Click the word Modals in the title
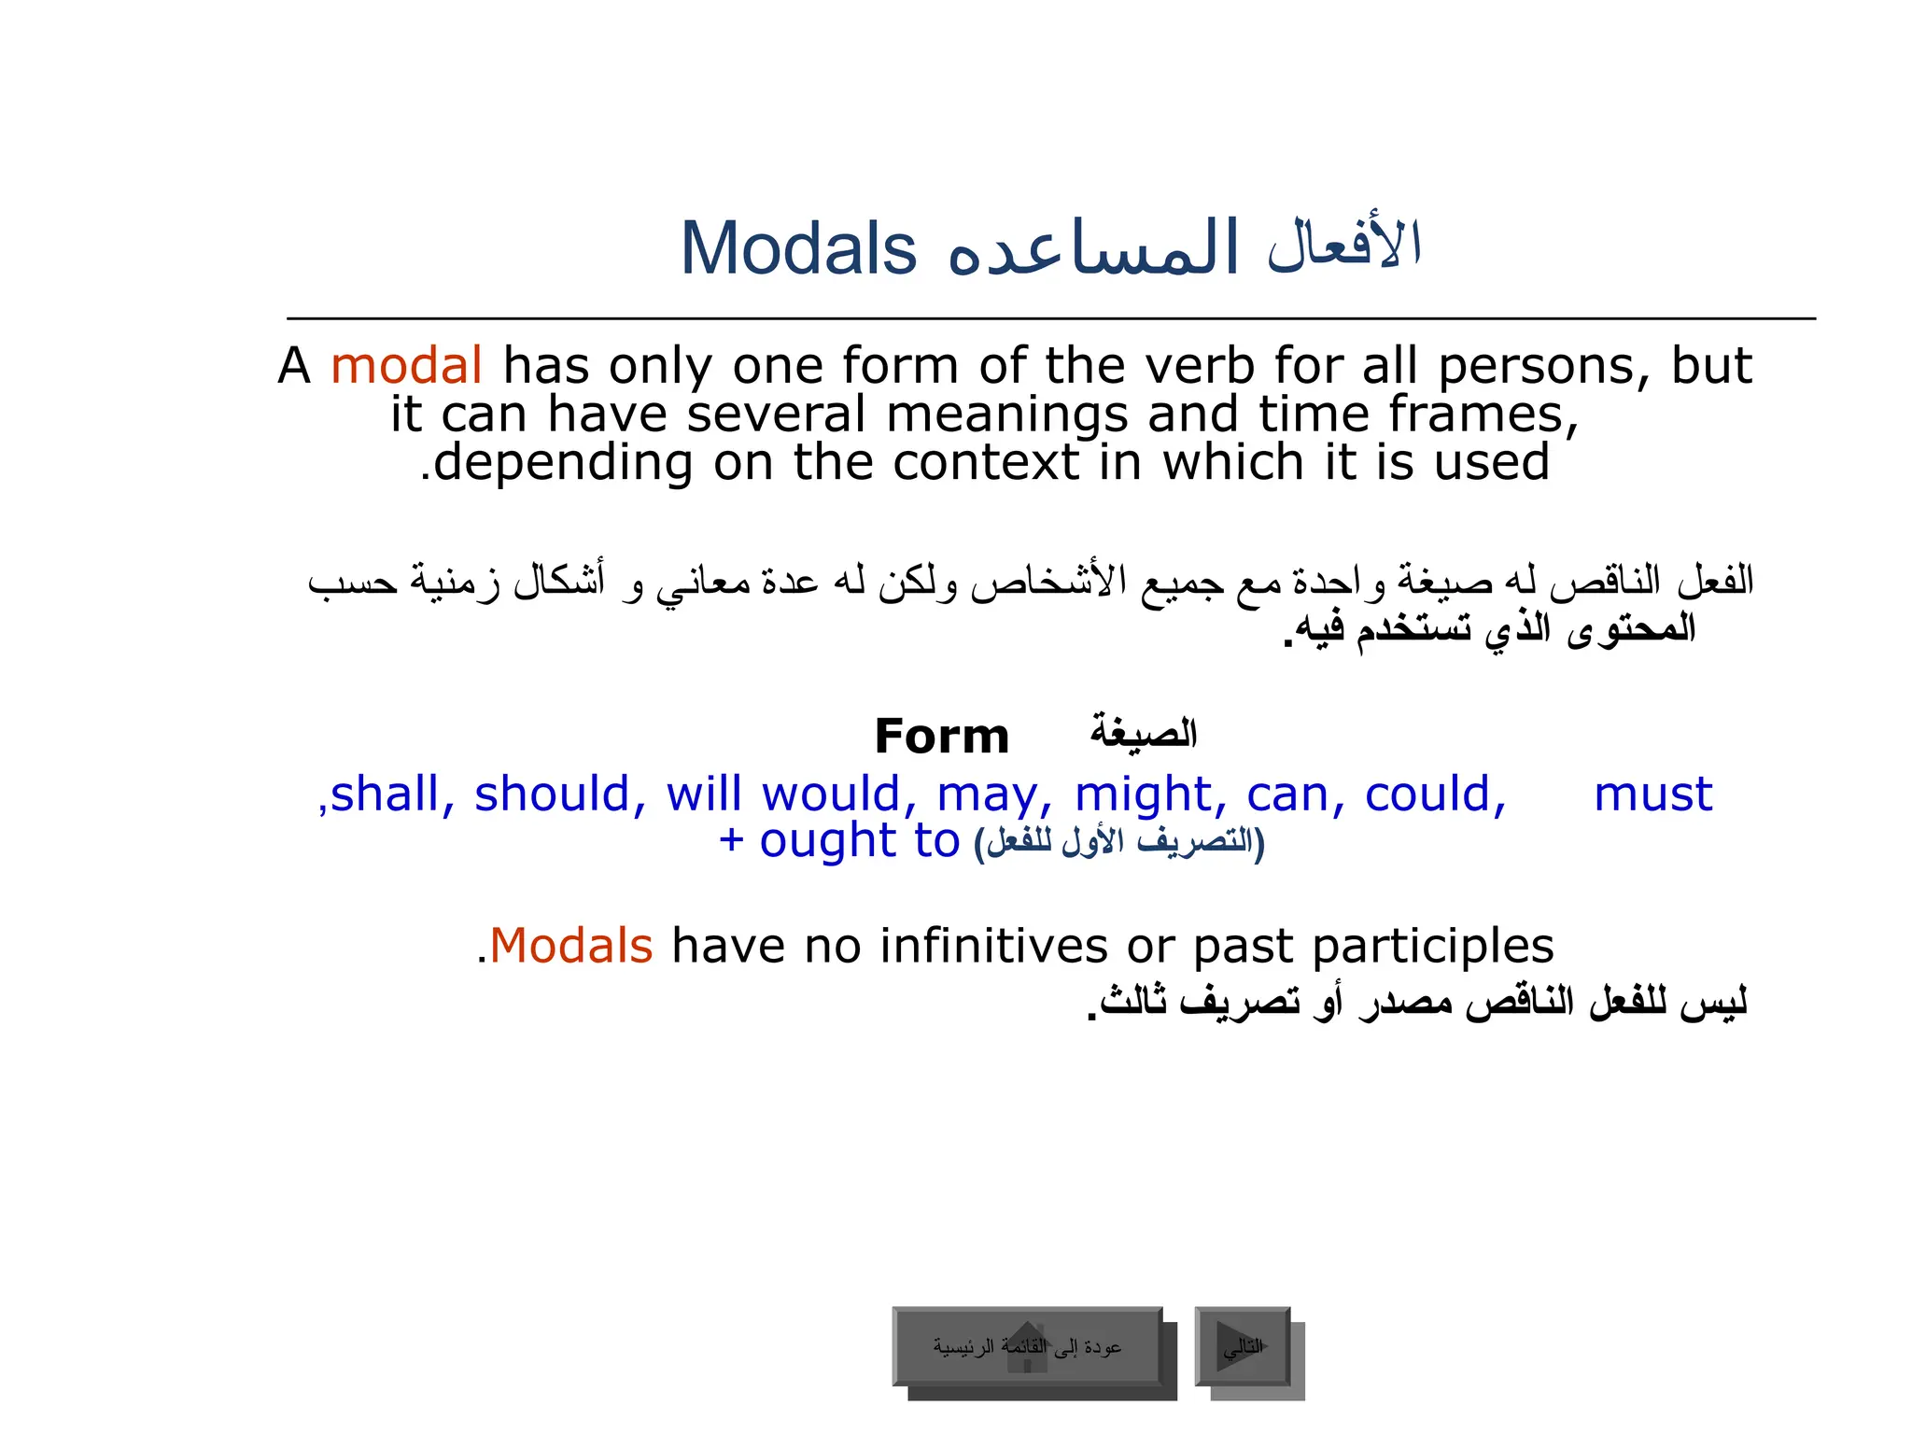pos(798,249)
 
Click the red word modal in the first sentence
pos(406,365)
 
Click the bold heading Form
pos(941,737)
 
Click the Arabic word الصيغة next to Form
pos(1144,733)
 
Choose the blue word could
pos(1434,794)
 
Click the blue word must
pos(1652,794)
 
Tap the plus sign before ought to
pos(731,841)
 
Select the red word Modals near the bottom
pos(570,946)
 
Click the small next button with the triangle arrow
pos(1243,1346)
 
